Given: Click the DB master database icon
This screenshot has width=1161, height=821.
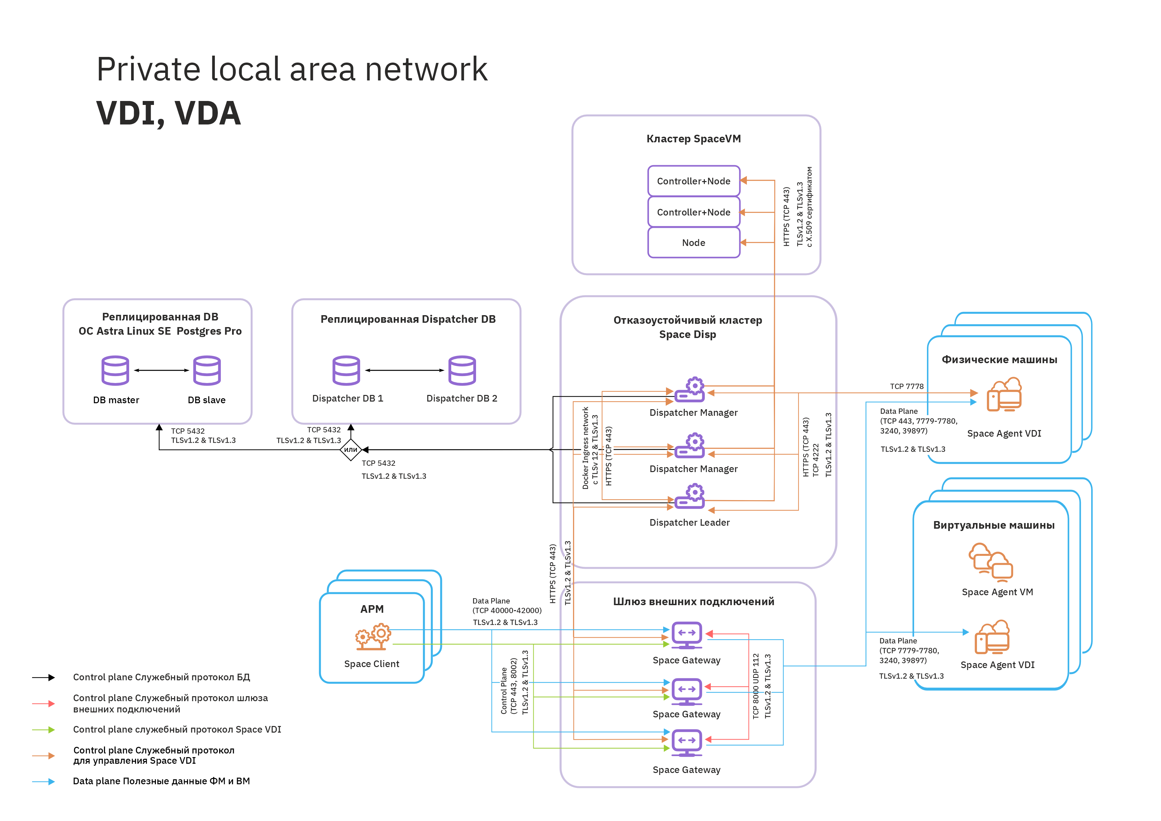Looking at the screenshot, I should tap(115, 370).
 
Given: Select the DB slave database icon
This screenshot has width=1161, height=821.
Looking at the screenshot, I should tap(207, 370).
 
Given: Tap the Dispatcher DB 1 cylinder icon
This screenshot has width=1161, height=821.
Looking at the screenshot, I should tap(346, 370).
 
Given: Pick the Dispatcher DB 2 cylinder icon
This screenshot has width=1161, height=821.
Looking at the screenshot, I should tap(462, 370).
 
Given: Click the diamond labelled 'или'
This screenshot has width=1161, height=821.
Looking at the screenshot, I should tap(351, 450).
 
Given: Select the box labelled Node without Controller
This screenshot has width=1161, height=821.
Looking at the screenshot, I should tap(693, 243).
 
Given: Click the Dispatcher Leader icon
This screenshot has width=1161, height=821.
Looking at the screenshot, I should tap(689, 497).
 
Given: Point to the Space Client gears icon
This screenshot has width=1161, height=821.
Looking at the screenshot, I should tap(373, 637).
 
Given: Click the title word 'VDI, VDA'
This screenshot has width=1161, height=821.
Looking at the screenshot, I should tap(169, 113).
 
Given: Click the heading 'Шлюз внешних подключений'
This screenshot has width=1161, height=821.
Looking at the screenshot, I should tap(693, 602).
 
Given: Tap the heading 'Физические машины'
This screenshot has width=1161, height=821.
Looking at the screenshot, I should tap(999, 360).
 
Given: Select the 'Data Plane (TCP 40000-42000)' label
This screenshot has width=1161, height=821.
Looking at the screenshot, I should tap(506, 605).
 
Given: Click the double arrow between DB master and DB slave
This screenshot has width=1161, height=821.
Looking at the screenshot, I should tap(161, 370).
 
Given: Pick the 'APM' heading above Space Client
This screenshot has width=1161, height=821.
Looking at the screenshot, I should tap(372, 609).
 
